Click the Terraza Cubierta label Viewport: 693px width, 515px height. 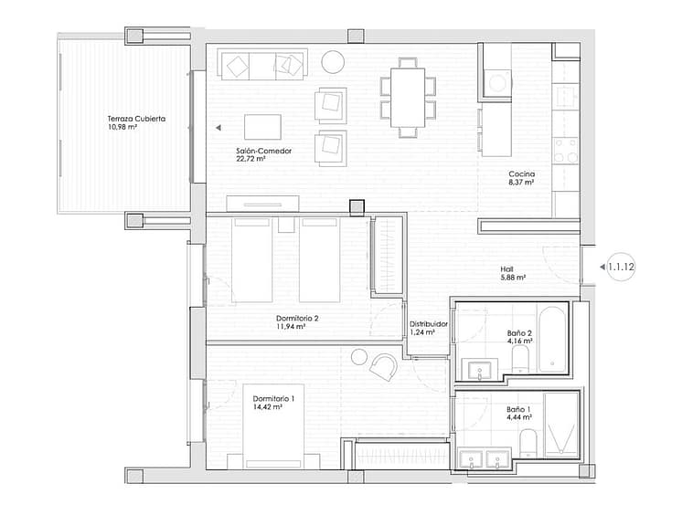click(136, 119)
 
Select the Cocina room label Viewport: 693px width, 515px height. click(521, 173)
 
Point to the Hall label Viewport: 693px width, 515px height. click(506, 269)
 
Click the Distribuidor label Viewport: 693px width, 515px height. click(428, 324)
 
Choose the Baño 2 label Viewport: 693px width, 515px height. click(519, 333)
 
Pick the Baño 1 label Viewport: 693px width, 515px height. click(518, 409)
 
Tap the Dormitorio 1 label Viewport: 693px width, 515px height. click(273, 398)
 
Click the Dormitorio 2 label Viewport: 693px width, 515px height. click(297, 318)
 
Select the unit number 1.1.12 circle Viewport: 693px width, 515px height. click(621, 267)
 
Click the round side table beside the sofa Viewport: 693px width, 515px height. click(333, 62)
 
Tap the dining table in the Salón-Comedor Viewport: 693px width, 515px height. click(408, 97)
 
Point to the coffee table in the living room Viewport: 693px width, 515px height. click(262, 127)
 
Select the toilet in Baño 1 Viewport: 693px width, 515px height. click(528, 445)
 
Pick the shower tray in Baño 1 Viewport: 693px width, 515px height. click(561, 425)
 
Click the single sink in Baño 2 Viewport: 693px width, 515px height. click(480, 370)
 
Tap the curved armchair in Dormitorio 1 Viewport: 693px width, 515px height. click(384, 367)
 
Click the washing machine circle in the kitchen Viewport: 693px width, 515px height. click(497, 83)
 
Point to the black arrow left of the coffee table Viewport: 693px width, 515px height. click(218, 128)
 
